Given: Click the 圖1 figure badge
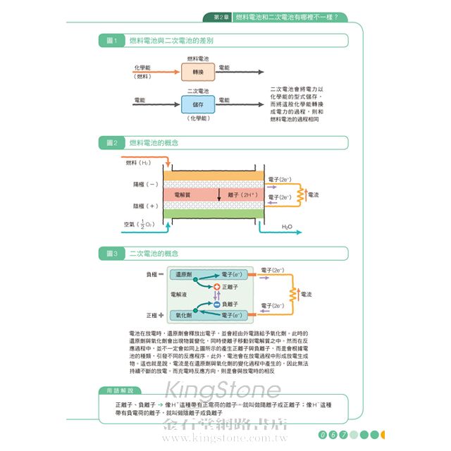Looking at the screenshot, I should coord(111,41).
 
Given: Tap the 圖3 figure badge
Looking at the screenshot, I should coord(111,253).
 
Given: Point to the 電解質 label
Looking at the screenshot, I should coord(183,194).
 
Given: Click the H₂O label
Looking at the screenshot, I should coord(287,226).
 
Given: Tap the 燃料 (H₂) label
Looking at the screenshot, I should coord(138,163).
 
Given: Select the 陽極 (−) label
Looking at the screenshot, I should coord(146,184).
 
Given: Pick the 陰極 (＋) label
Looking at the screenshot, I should coord(146,206).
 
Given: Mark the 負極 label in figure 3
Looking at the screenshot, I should coord(154,273).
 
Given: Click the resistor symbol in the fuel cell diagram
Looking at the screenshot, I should coord(301,194).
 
